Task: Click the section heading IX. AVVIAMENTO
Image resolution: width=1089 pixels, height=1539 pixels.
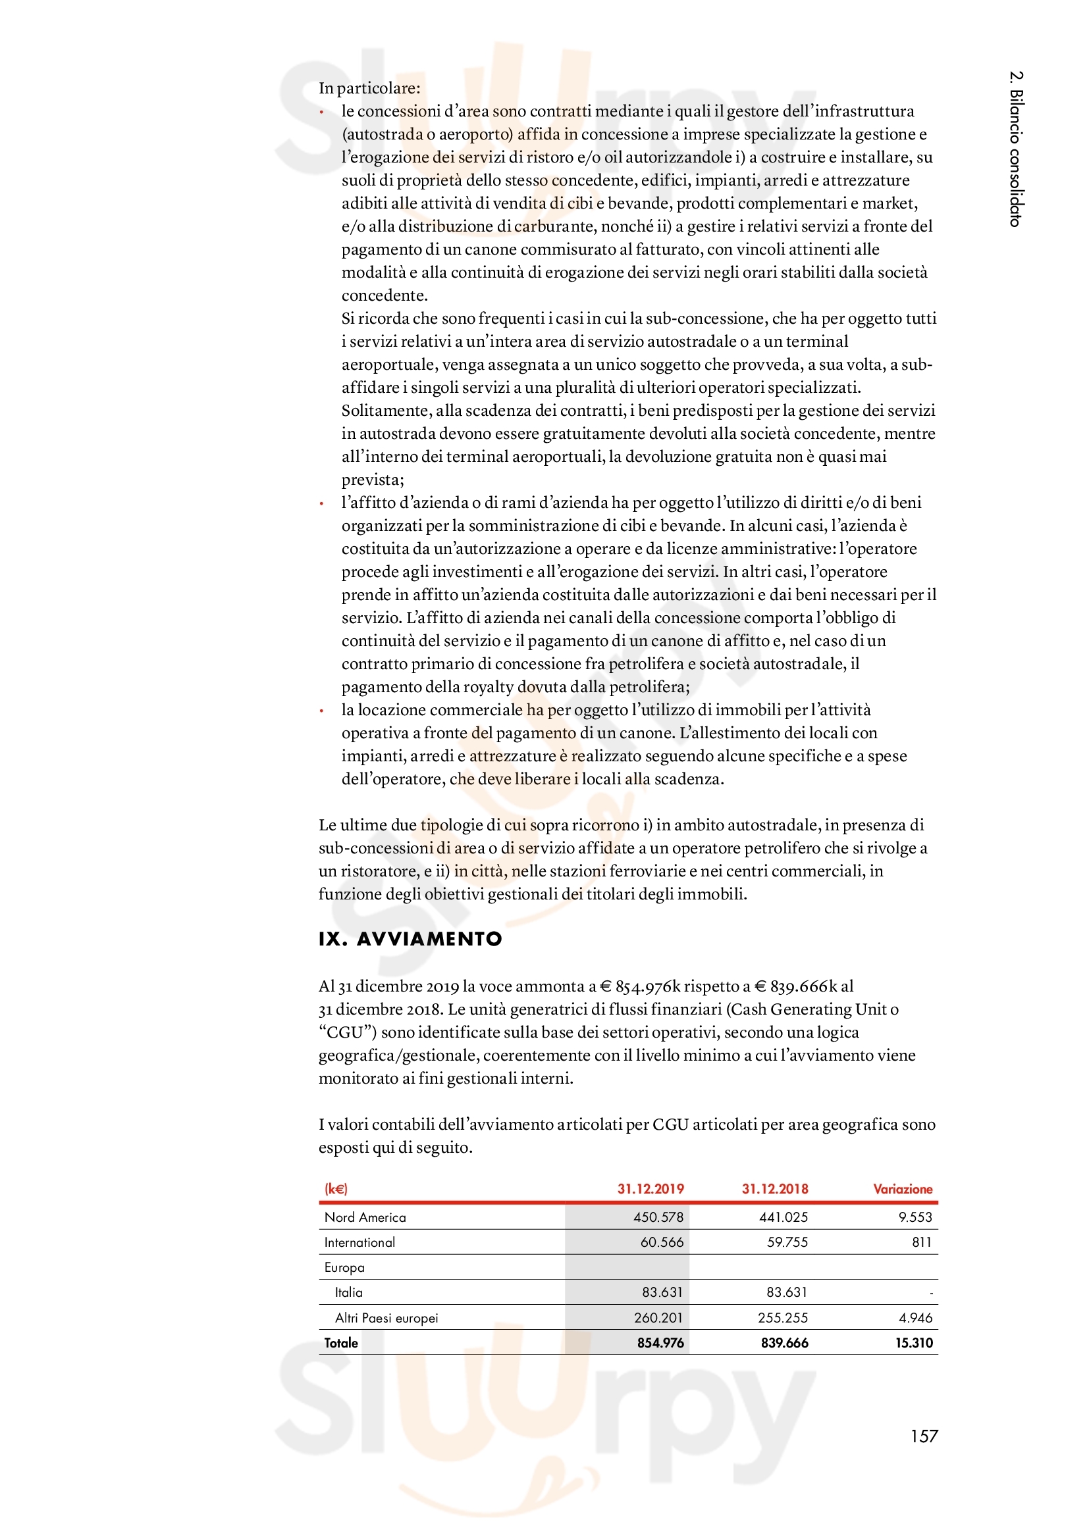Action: pos(410,938)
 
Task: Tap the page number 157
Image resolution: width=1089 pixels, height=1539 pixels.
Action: pos(923,1436)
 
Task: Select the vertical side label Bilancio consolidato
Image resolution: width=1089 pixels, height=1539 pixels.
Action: pos(1016,149)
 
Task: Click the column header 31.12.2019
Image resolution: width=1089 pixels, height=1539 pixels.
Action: pos(650,1189)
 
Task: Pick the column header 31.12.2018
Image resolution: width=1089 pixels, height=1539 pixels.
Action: pos(774,1189)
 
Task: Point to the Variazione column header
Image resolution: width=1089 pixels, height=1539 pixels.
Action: pos(903,1189)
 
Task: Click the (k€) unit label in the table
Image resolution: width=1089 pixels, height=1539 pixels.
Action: pos(336,1189)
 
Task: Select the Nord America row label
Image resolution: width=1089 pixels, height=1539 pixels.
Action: pos(365,1217)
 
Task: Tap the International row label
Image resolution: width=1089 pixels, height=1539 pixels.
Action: pos(359,1242)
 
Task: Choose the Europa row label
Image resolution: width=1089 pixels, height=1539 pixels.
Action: pos(344,1267)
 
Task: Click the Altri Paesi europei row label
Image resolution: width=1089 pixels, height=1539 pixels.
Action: pos(386,1318)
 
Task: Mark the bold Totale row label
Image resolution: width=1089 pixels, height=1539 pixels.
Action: pos(341,1343)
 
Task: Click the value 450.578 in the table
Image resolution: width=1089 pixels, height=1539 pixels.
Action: pos(658,1217)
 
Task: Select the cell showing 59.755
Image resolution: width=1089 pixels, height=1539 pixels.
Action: pos(787,1242)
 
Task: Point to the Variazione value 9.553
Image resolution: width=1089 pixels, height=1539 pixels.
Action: pos(915,1217)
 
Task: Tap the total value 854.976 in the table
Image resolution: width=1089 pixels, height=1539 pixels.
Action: pos(660,1343)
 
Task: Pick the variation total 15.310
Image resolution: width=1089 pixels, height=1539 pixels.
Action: pos(914,1343)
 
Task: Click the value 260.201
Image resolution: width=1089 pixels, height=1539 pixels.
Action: pos(658,1318)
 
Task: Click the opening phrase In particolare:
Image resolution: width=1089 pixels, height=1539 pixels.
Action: pos(369,88)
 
